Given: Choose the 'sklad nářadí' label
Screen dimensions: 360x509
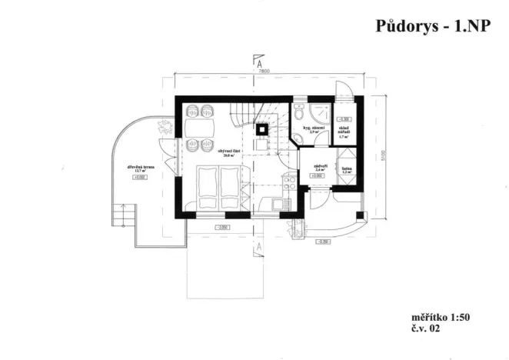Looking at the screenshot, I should (344, 132).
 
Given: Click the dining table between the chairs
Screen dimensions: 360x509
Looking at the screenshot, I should (200, 126).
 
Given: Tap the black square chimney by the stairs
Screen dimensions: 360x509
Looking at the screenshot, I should (261, 128).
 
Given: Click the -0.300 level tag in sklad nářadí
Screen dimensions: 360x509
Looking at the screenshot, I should (344, 119).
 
